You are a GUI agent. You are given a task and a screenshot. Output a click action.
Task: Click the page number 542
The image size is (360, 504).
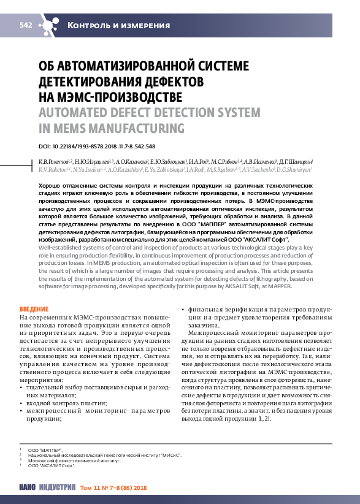click(x=26, y=25)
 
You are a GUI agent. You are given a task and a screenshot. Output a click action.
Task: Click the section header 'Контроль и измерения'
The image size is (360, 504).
click(x=118, y=25)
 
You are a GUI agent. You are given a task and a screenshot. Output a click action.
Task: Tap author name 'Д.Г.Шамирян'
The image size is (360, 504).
click(x=297, y=161)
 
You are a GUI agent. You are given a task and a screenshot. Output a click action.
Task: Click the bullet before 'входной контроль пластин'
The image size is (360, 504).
click(x=22, y=404)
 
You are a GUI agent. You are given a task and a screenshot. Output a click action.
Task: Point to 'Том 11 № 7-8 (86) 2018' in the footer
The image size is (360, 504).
click(x=114, y=488)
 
